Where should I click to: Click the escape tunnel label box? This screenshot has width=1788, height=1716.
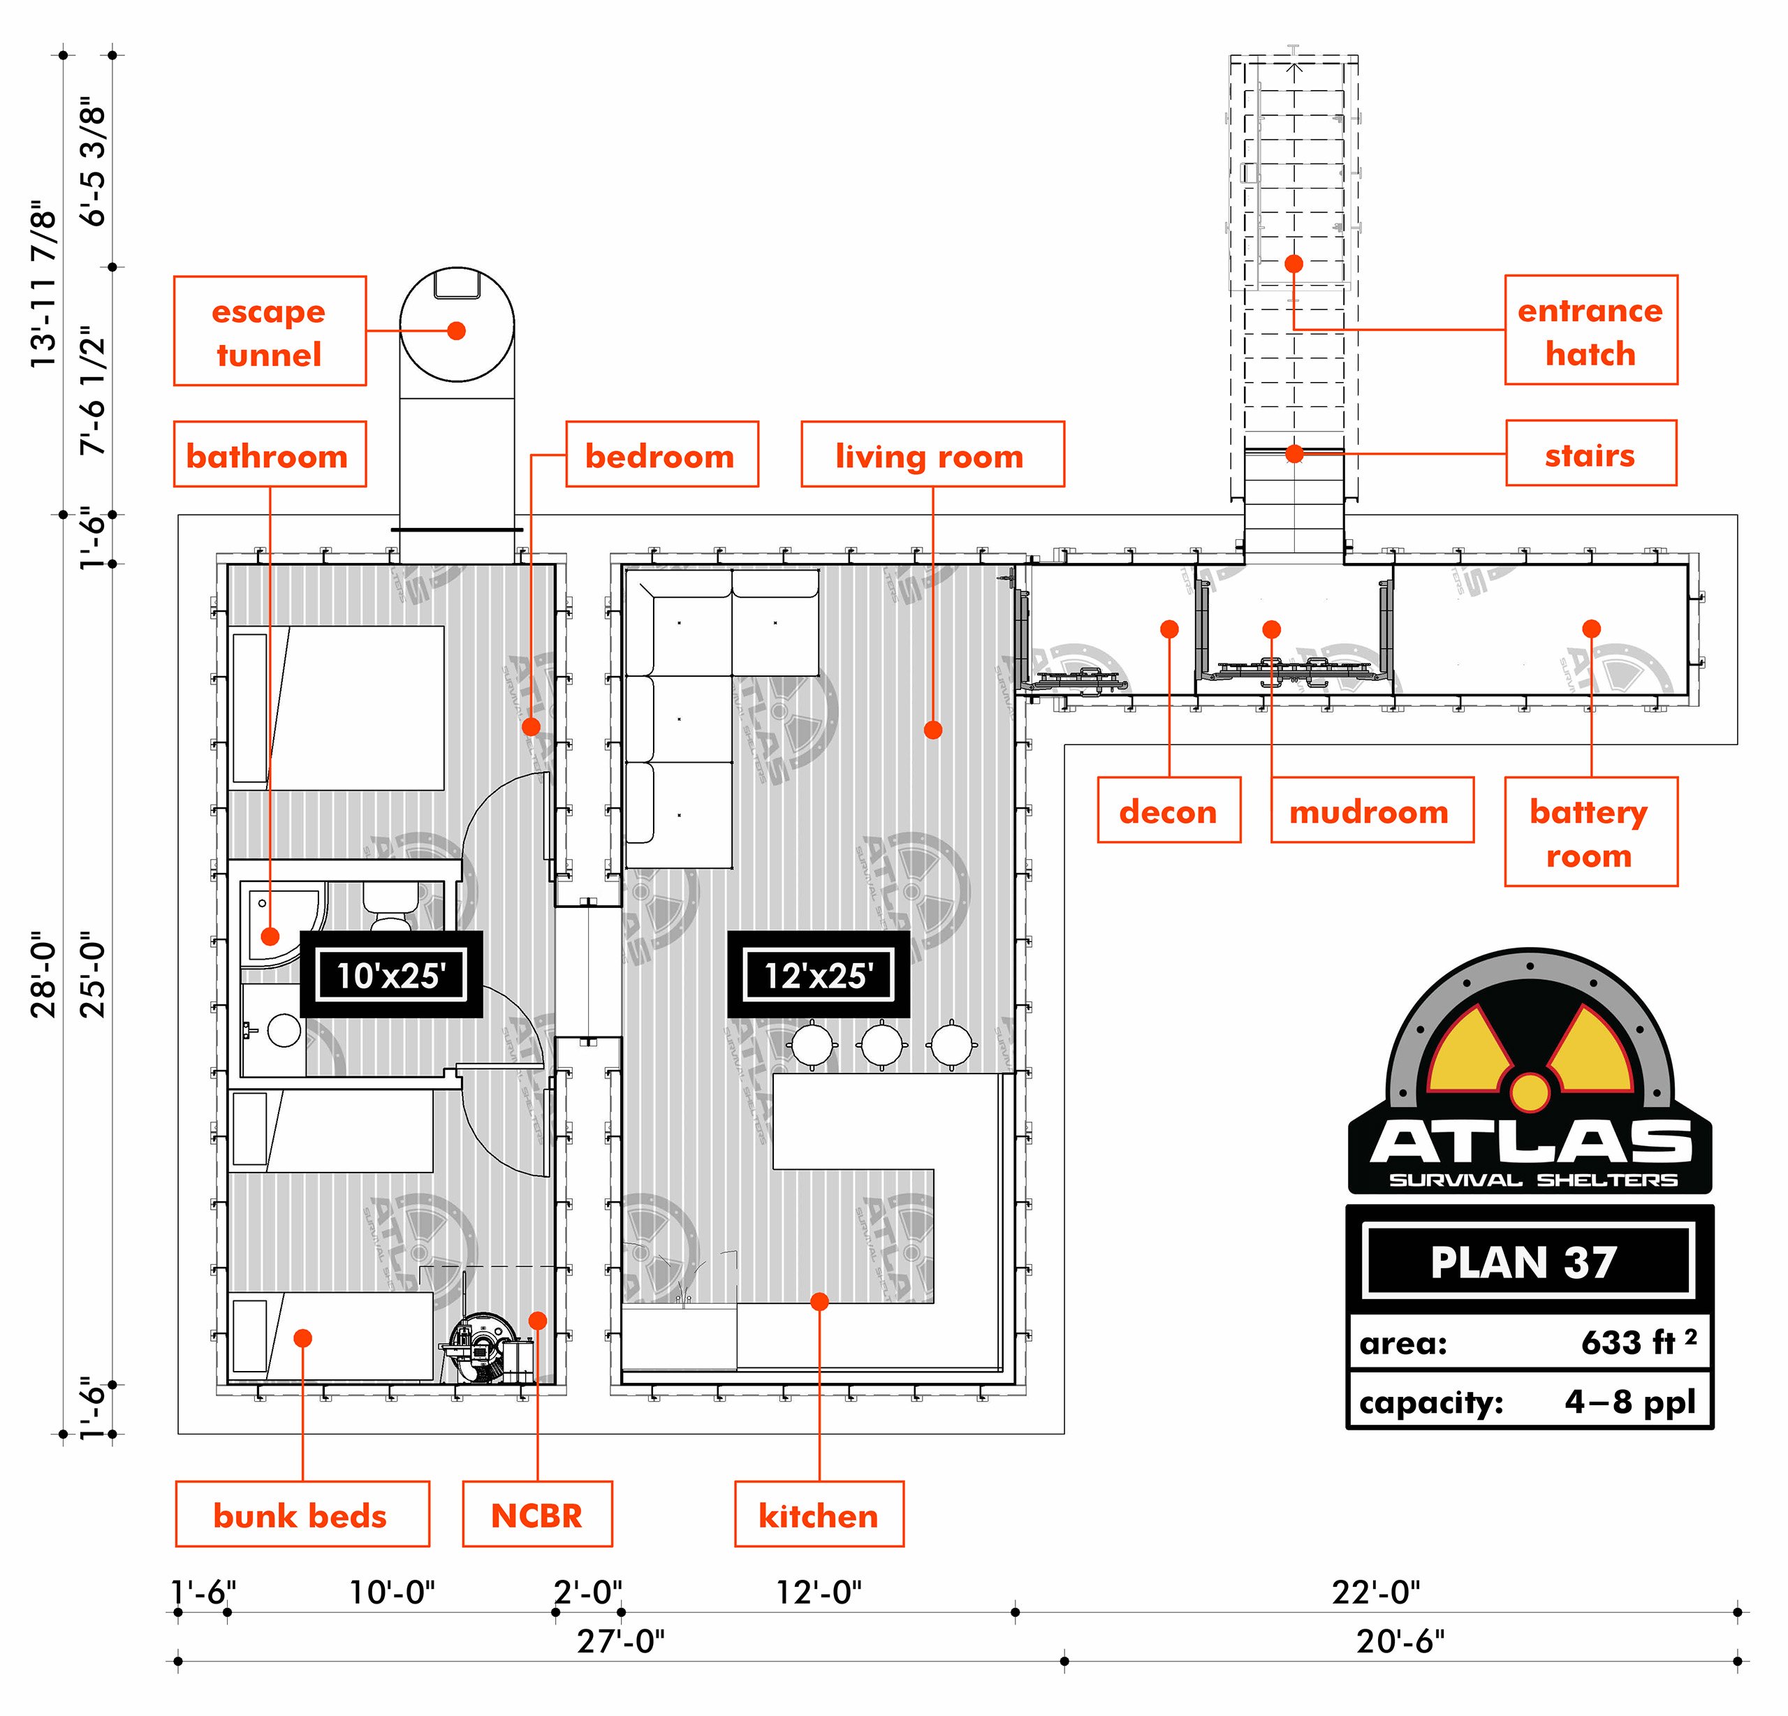(x=270, y=331)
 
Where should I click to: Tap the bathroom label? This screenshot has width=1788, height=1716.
(x=270, y=454)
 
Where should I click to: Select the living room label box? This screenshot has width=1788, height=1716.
(x=932, y=454)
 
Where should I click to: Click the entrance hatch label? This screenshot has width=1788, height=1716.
(x=1591, y=330)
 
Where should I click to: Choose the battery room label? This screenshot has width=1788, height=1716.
(x=1591, y=832)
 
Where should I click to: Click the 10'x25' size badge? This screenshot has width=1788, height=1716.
(x=390, y=975)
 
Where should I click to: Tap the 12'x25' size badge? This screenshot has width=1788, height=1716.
(x=819, y=975)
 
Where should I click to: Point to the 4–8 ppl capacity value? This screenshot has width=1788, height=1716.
(x=1630, y=1401)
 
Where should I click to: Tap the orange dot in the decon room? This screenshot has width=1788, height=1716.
(x=1169, y=629)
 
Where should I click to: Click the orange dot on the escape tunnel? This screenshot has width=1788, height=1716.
(x=457, y=330)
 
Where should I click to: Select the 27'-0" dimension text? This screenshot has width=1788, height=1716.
(x=620, y=1641)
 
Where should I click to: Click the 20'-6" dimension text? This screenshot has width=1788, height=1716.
(x=1400, y=1641)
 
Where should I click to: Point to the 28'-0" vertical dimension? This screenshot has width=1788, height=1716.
(x=44, y=974)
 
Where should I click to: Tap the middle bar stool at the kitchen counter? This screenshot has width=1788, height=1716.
(x=882, y=1045)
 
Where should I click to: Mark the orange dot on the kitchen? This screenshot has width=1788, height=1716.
(x=819, y=1302)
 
